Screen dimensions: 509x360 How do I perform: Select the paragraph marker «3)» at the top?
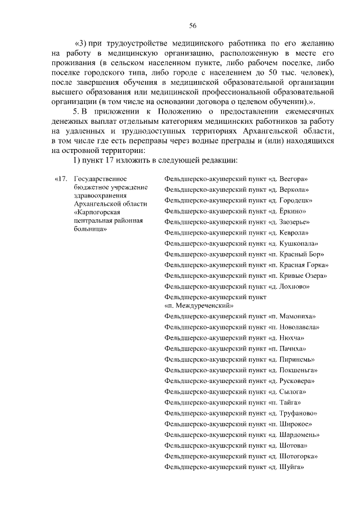pyautogui.click(x=80, y=43)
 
